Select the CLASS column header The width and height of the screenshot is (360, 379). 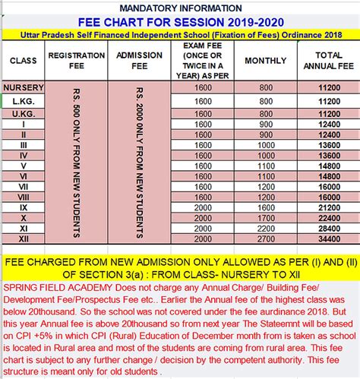pos(24,61)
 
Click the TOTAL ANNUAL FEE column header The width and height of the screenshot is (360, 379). pos(328,61)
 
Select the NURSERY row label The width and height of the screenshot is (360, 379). pos(24,87)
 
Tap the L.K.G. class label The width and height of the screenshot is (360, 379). pos(24,100)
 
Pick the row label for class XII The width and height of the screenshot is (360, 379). pos(24,238)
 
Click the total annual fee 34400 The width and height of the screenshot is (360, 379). pos(328,238)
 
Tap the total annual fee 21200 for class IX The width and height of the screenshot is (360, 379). pos(328,207)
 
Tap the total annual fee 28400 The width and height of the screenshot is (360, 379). pos(328,228)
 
